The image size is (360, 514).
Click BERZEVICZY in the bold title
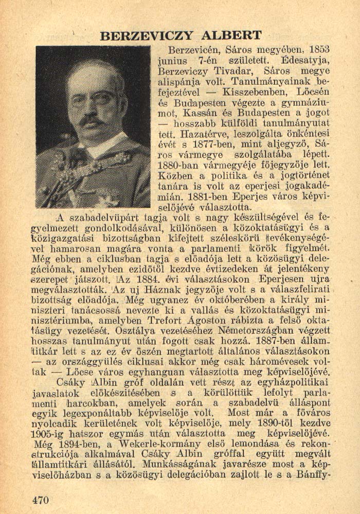(x=147, y=35)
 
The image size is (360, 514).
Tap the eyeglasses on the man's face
(x=92, y=98)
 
